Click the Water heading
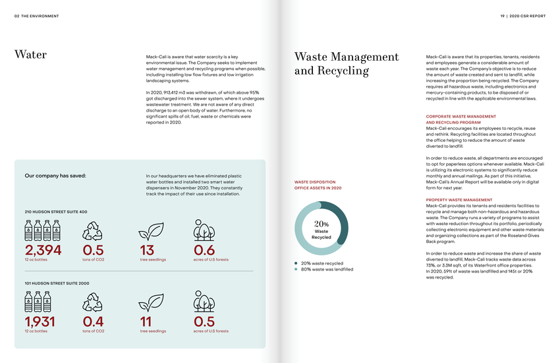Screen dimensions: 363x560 30,55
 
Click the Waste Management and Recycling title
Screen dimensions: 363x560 347,64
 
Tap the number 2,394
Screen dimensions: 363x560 43,250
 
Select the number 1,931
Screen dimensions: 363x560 40,321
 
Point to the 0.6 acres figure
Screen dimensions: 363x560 204,250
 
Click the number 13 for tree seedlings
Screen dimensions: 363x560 147,250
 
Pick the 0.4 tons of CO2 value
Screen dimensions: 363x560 93,321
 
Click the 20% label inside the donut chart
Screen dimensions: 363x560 322,224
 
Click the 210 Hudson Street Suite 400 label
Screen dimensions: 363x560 55,211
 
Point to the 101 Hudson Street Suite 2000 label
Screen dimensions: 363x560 57,283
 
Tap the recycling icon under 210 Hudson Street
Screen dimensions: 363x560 92,230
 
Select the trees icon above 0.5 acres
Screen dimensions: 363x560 204,302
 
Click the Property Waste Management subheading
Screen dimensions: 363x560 459,199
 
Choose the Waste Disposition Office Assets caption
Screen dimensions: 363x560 318,185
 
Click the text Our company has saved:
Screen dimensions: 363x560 55,176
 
